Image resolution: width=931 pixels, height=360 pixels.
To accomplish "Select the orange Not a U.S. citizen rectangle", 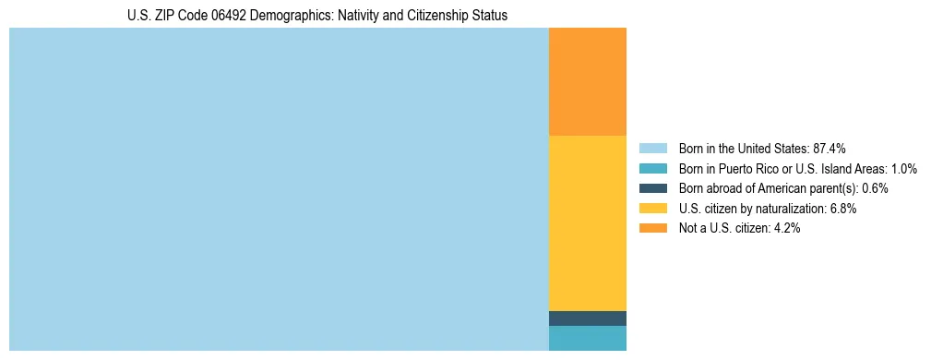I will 587,82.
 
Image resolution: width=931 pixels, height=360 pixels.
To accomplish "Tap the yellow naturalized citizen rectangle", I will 587,222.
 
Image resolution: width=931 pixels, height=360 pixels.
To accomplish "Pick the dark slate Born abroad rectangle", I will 587,318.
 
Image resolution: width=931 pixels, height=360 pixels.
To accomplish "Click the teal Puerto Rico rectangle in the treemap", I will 587,338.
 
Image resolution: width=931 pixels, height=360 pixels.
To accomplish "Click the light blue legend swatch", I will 652,148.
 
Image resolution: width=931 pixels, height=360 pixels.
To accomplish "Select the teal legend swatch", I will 652,168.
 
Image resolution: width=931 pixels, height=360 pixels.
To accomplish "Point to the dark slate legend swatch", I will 652,188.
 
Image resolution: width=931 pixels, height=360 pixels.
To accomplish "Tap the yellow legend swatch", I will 652,209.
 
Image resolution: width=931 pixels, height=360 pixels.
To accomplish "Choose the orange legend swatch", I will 652,228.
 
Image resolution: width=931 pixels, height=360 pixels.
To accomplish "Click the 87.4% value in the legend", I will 829,148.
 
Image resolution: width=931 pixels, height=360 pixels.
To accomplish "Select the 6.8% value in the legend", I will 842,209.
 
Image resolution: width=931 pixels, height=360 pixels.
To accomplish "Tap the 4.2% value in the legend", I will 785,228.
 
